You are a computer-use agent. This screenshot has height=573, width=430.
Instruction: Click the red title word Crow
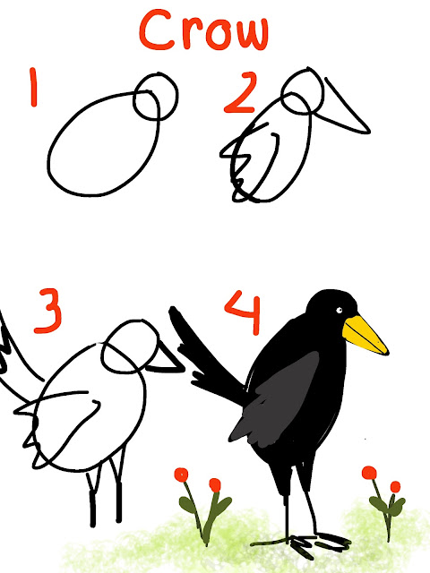203,30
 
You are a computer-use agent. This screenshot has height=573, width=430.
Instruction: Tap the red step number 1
34,87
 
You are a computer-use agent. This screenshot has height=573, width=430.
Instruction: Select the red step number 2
239,92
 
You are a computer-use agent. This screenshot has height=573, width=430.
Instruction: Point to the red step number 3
48,311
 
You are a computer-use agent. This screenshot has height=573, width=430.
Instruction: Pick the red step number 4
244,312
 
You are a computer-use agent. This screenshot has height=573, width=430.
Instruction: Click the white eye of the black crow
339,311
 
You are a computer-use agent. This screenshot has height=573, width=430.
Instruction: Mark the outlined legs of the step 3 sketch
106,490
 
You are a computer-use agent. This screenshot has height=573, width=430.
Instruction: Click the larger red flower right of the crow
369,473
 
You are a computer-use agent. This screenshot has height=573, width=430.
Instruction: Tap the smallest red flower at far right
395,487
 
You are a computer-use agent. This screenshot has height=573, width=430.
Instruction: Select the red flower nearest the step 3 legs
181,475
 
